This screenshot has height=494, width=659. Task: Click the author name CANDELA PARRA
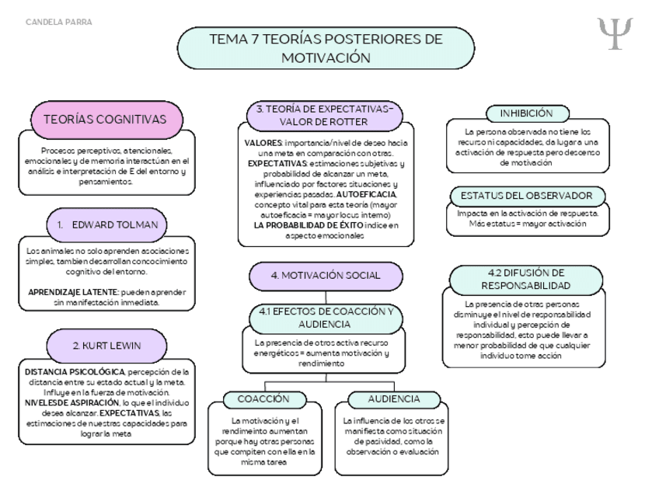[59, 22]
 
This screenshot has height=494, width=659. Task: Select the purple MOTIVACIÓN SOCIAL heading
[326, 276]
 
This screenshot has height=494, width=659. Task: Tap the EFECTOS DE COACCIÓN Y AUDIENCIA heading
[326, 318]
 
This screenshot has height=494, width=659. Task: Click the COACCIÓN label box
[262, 399]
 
